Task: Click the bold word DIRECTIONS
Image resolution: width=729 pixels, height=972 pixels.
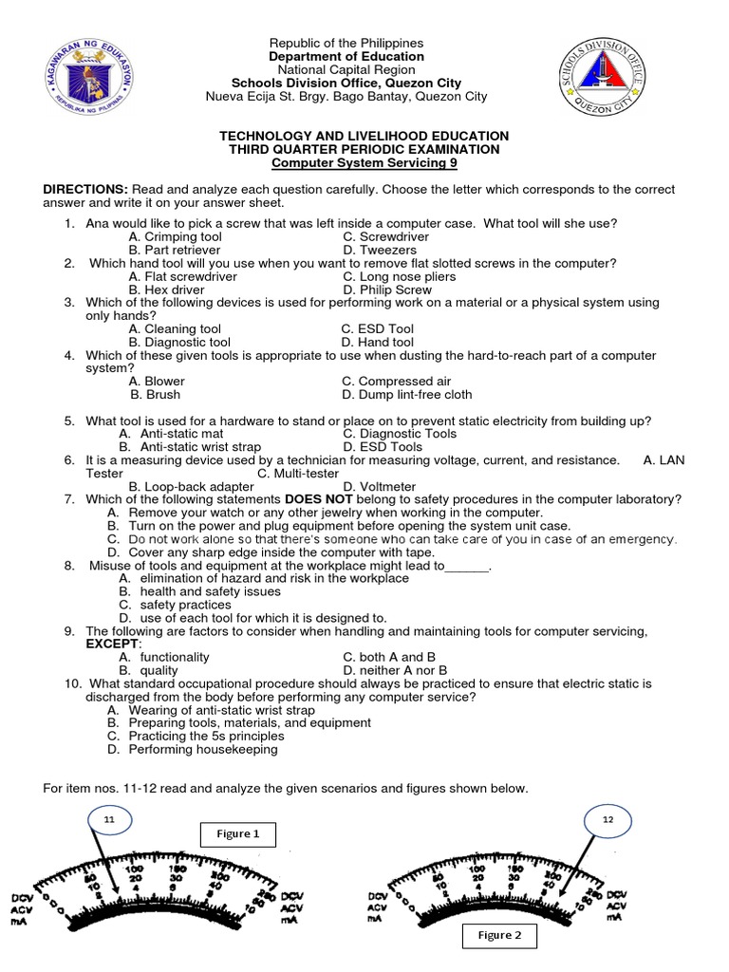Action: [85, 190]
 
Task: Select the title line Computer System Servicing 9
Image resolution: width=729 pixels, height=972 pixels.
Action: [364, 162]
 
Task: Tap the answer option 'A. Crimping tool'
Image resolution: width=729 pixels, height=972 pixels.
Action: [175, 236]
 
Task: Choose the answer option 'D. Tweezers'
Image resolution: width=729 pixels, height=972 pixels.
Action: [380, 250]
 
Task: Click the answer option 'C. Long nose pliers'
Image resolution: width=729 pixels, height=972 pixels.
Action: [399, 276]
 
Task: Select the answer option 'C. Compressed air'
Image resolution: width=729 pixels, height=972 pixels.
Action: [396, 382]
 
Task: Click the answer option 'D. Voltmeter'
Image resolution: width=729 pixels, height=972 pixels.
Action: [380, 486]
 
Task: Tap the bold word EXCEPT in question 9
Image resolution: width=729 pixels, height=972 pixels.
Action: [112, 644]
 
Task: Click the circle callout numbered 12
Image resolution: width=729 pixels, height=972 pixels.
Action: [607, 819]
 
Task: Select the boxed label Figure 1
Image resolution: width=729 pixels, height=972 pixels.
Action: [237, 834]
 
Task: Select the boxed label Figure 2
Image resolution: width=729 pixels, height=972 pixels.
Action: [500, 935]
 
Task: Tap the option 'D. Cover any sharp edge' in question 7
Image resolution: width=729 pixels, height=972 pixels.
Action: [271, 551]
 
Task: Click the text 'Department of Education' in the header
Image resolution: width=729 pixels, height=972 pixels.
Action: [346, 57]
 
